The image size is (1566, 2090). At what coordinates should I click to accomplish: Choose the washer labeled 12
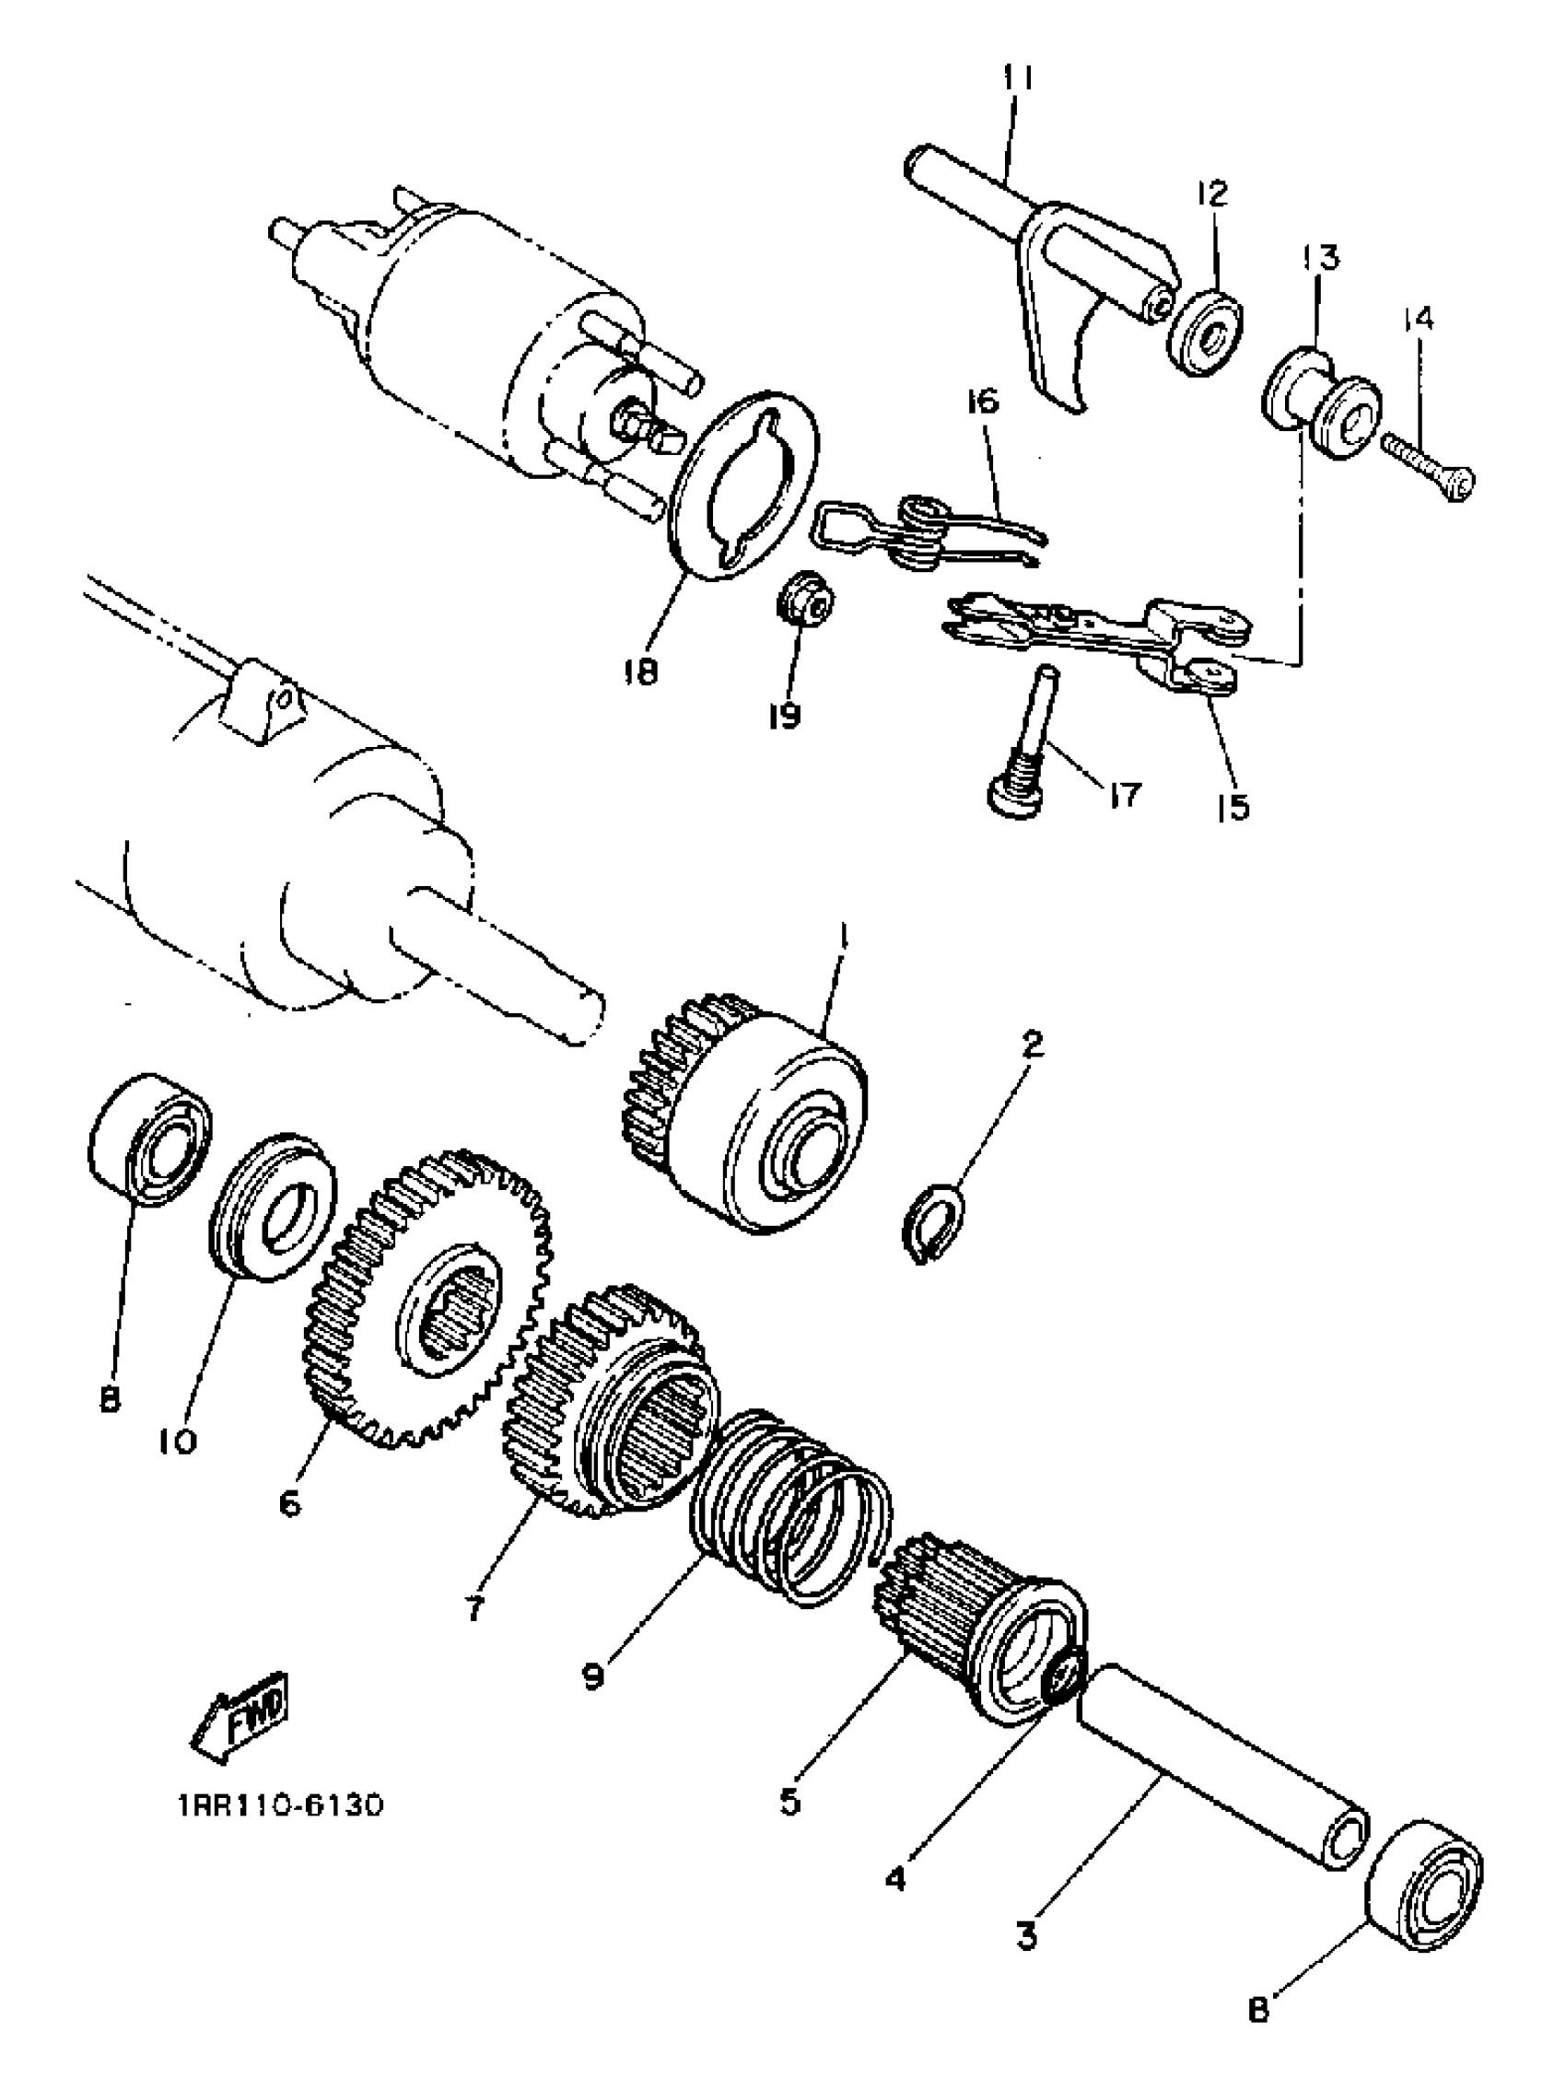click(1207, 333)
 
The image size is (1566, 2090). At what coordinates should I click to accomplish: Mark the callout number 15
click(1233, 806)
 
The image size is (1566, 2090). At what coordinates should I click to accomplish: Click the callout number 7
click(474, 1606)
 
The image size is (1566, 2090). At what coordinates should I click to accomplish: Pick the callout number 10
click(180, 1442)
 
